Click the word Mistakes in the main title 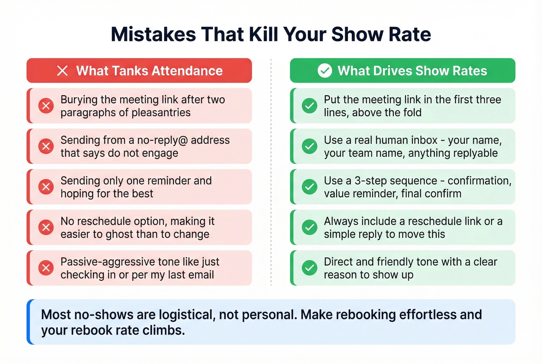click(153, 34)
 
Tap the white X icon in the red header click(62, 71)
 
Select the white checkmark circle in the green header click(325, 71)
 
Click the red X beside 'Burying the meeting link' click(46, 106)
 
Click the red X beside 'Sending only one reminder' click(46, 187)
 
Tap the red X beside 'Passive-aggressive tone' click(46, 268)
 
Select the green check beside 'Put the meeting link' click(309, 106)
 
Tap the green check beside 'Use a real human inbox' click(309, 146)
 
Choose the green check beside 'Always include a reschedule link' click(309, 227)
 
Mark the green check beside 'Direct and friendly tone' click(309, 268)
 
